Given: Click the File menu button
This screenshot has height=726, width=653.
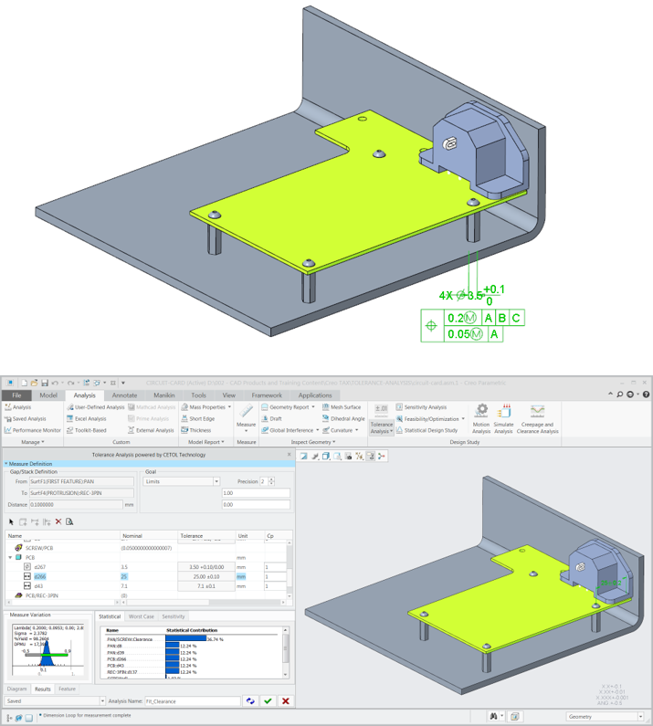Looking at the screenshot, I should (x=16, y=395).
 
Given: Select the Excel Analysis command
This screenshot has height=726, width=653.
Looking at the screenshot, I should (x=90, y=418).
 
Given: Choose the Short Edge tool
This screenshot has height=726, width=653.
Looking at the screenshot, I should (x=202, y=418).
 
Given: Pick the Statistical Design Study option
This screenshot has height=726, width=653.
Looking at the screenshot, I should (x=430, y=430).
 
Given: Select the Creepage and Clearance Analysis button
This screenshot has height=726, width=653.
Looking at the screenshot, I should (x=537, y=419).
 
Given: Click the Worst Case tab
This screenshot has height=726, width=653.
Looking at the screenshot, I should (x=141, y=616).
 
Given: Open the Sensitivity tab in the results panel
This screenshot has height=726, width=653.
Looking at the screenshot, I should (x=174, y=616).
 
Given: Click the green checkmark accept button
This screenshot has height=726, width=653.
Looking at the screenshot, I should (x=268, y=700).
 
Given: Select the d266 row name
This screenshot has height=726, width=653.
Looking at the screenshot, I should (x=40, y=577).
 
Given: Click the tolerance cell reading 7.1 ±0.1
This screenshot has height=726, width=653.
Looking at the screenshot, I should (x=205, y=586).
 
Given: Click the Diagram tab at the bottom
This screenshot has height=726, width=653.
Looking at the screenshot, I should (x=17, y=689).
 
